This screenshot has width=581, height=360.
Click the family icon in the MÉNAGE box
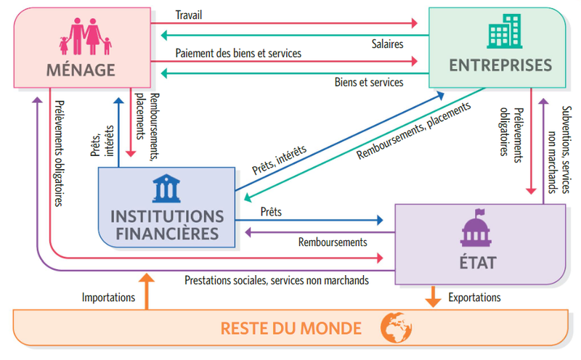85,36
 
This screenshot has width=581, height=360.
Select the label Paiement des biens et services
238,54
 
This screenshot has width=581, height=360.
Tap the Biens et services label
368,82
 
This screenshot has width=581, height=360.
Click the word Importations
108,297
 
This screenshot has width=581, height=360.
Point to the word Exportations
474,297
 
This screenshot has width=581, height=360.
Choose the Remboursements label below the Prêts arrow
333,242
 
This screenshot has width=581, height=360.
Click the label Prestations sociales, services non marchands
277,279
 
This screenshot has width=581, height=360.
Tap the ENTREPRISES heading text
500,65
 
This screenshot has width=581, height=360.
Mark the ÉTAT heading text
478,262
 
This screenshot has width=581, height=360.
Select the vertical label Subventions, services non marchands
558,150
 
